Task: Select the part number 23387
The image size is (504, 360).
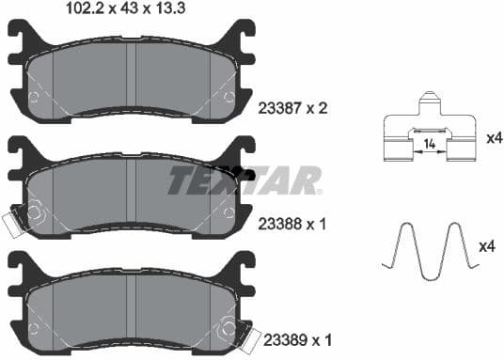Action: (277, 109)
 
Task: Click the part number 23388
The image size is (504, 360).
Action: (277, 226)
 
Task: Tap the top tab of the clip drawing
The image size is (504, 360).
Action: (429, 99)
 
